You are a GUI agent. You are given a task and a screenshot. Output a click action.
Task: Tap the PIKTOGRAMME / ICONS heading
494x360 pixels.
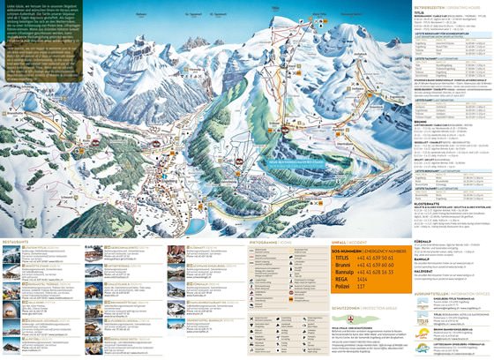click(270, 239)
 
